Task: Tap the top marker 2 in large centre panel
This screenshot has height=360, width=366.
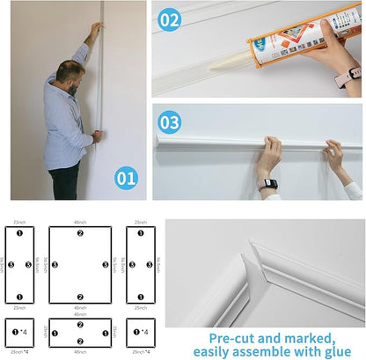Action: tap(80, 233)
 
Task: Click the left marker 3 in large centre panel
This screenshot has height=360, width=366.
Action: tap(55, 264)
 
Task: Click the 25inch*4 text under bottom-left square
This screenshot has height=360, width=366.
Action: tap(18, 351)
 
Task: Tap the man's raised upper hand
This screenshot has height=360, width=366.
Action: tap(92, 29)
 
